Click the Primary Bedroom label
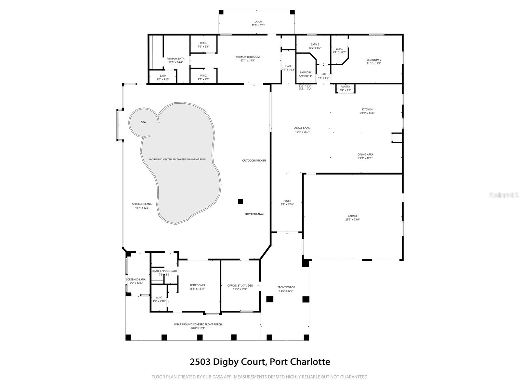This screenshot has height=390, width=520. pos(248,57)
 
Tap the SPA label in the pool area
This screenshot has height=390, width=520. pos(143,122)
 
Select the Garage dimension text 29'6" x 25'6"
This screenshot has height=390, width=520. pos(352,220)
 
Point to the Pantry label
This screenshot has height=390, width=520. pos(345,87)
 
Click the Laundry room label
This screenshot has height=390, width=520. pos(305,72)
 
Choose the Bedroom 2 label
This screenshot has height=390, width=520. pos(374,60)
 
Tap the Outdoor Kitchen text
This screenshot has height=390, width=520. pos(254,161)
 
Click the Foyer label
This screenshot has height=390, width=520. pos(287,201)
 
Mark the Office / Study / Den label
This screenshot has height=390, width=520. pos(240,285)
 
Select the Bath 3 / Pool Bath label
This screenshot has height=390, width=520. pos(164,271)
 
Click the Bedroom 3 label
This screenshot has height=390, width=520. pos(197,285)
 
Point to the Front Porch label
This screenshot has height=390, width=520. pos(286,287)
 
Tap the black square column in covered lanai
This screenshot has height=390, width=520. pos(240,201)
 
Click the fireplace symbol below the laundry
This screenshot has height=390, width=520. pos(305,87)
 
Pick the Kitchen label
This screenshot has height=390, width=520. pos(367,110)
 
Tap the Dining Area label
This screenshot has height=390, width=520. pos(365,155)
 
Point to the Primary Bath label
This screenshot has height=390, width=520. pos(175,59)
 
